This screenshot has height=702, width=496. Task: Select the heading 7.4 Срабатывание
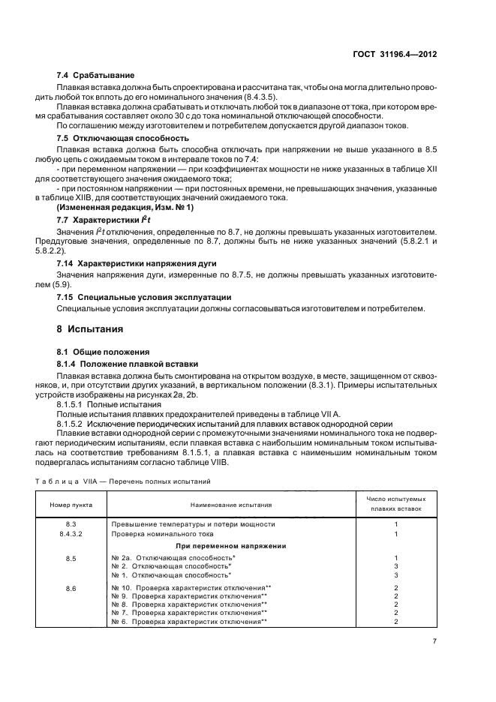96,76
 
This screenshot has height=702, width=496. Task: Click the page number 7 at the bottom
434,640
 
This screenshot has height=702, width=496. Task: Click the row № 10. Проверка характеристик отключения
189,588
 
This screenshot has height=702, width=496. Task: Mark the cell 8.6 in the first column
71,588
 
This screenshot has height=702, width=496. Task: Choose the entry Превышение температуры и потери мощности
193,523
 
